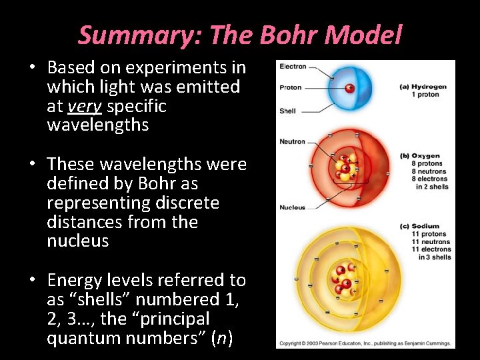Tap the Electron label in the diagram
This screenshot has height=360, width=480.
293,67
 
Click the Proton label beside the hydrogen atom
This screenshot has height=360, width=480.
291,87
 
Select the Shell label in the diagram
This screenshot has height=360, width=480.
288,111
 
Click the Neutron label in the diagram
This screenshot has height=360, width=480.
292,141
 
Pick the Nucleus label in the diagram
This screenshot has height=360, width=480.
292,207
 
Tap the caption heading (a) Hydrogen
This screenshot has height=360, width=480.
423,87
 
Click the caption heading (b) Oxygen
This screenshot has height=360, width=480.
420,156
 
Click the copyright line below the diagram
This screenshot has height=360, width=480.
365,343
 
